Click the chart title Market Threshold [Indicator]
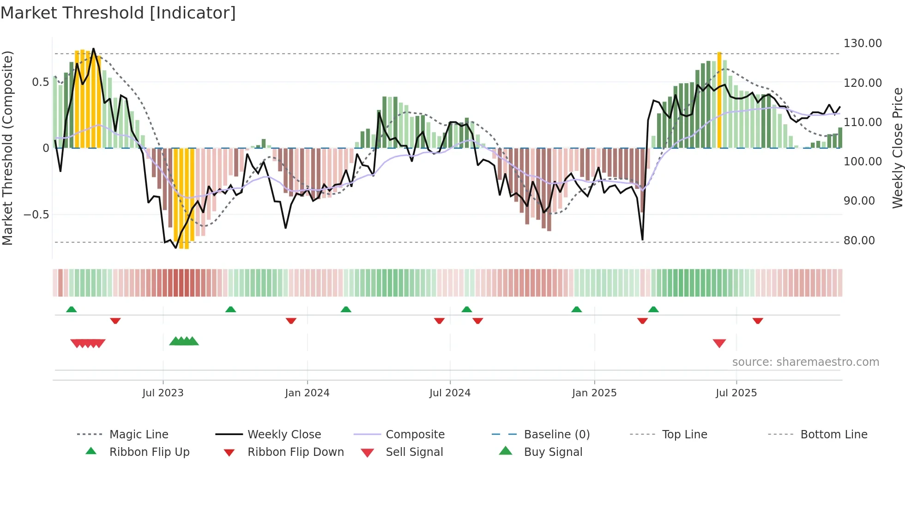point(118,13)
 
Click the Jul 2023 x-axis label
point(163,393)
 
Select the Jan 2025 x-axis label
point(594,393)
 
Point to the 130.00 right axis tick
point(862,43)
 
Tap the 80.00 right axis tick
point(859,241)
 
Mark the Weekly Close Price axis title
point(897,148)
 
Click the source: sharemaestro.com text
point(805,362)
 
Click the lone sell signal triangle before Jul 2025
point(719,343)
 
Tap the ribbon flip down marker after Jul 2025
point(758,321)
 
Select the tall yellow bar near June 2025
point(719,100)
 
